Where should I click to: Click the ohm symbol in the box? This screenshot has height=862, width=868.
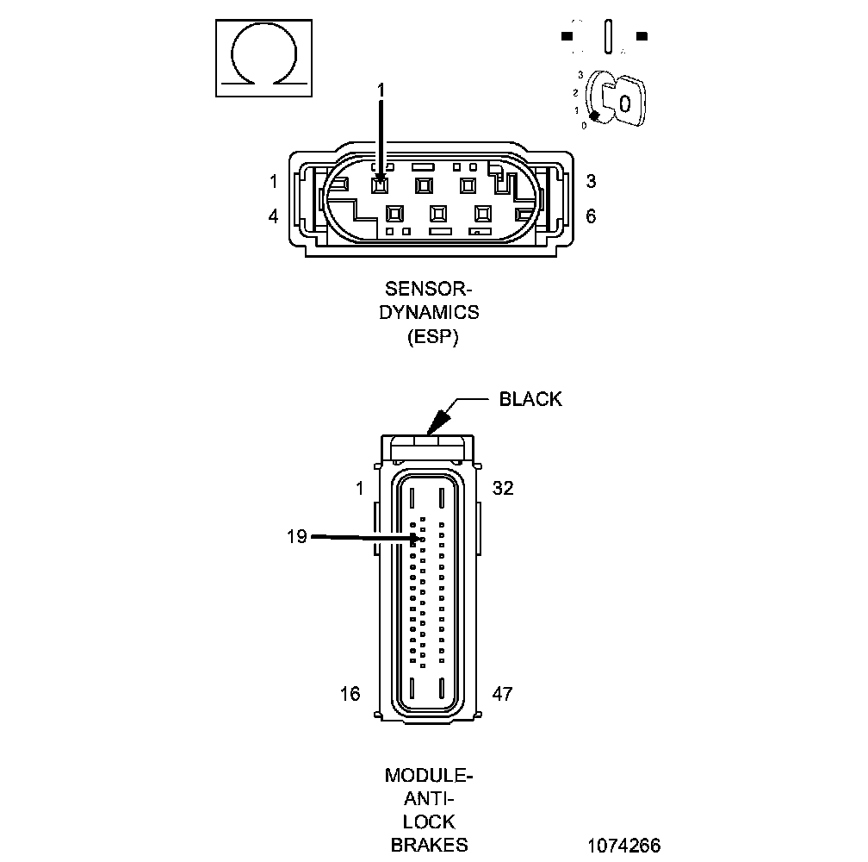[x=263, y=59]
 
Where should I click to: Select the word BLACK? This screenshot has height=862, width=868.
[x=530, y=399]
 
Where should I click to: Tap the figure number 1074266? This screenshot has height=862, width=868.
[x=624, y=845]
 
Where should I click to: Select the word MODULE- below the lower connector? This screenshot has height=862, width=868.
[x=429, y=775]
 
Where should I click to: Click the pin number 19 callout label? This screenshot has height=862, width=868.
[x=296, y=536]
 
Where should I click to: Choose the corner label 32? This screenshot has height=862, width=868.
[x=503, y=488]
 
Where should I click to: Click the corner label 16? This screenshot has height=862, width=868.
[x=350, y=693]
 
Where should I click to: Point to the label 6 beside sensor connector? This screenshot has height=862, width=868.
[x=591, y=215]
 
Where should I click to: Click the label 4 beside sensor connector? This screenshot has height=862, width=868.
[x=273, y=215]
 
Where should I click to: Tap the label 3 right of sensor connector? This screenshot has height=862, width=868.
[x=591, y=181]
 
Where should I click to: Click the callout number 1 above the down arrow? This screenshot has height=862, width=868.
[x=381, y=89]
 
